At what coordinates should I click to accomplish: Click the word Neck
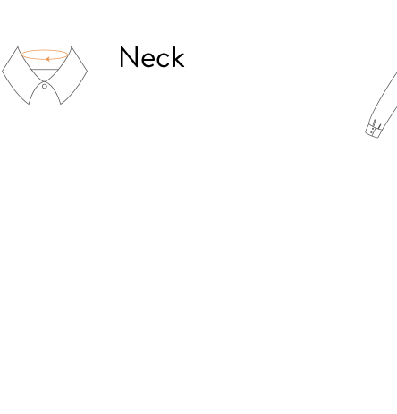(x=152, y=57)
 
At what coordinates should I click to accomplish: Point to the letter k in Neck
(x=178, y=57)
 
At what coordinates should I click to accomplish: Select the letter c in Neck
(x=163, y=60)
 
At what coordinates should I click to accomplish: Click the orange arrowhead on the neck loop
(x=47, y=59)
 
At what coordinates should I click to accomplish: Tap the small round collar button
(x=45, y=87)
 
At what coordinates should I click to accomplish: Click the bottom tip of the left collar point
(x=29, y=104)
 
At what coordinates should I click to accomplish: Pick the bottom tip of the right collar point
(x=61, y=104)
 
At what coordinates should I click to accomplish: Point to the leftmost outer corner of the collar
(x=2, y=71)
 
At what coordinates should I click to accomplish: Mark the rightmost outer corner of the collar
(x=88, y=71)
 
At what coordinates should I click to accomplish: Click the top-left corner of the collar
(x=18, y=46)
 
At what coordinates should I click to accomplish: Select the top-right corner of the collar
(x=72, y=46)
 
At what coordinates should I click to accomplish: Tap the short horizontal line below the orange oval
(x=45, y=69)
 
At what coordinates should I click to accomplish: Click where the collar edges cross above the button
(x=45, y=81)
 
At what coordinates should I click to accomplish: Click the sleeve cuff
(x=373, y=129)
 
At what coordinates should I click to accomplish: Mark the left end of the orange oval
(x=21, y=55)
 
